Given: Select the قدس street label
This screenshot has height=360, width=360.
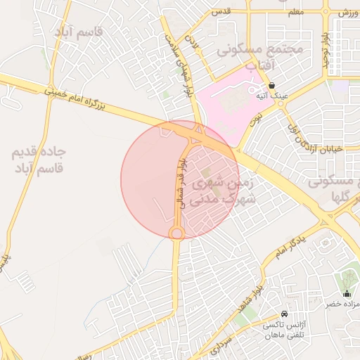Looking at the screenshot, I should click(222, 12).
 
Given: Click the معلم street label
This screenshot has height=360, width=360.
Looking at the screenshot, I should click(295, 12).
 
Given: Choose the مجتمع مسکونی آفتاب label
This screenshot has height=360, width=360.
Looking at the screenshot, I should click(259, 56).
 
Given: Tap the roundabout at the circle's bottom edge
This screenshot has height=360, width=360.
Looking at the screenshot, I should click(176, 233).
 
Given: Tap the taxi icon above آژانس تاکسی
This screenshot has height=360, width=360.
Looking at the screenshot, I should click(283, 313).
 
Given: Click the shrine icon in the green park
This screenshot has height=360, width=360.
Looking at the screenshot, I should click(347, 294).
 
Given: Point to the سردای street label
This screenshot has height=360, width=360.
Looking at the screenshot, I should click(221, 345).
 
